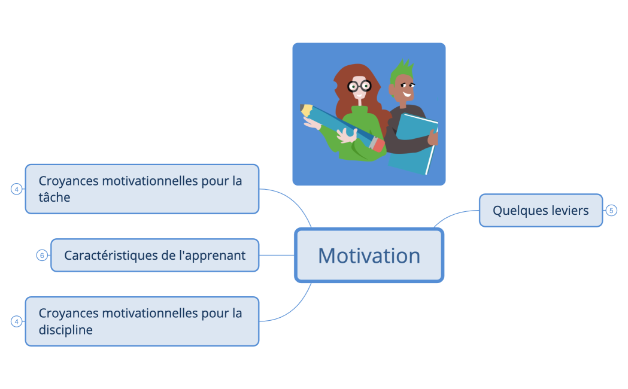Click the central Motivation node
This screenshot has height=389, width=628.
[x=369, y=256]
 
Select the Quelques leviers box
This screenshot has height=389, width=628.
[x=541, y=211]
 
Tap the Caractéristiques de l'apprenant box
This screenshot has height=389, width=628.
[x=154, y=256]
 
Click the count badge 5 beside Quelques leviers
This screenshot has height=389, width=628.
[x=611, y=211]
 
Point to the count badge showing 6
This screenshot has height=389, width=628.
[x=42, y=256]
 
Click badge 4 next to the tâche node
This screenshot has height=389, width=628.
[x=17, y=189]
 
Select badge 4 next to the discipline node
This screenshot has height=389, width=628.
[x=17, y=321]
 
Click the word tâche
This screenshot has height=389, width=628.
[x=54, y=197]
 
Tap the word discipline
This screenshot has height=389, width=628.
[x=66, y=330]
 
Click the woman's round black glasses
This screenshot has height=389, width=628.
[x=359, y=86]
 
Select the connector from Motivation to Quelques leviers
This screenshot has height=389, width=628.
[x=455, y=214]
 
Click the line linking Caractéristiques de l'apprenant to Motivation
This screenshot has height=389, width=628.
[x=277, y=256]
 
